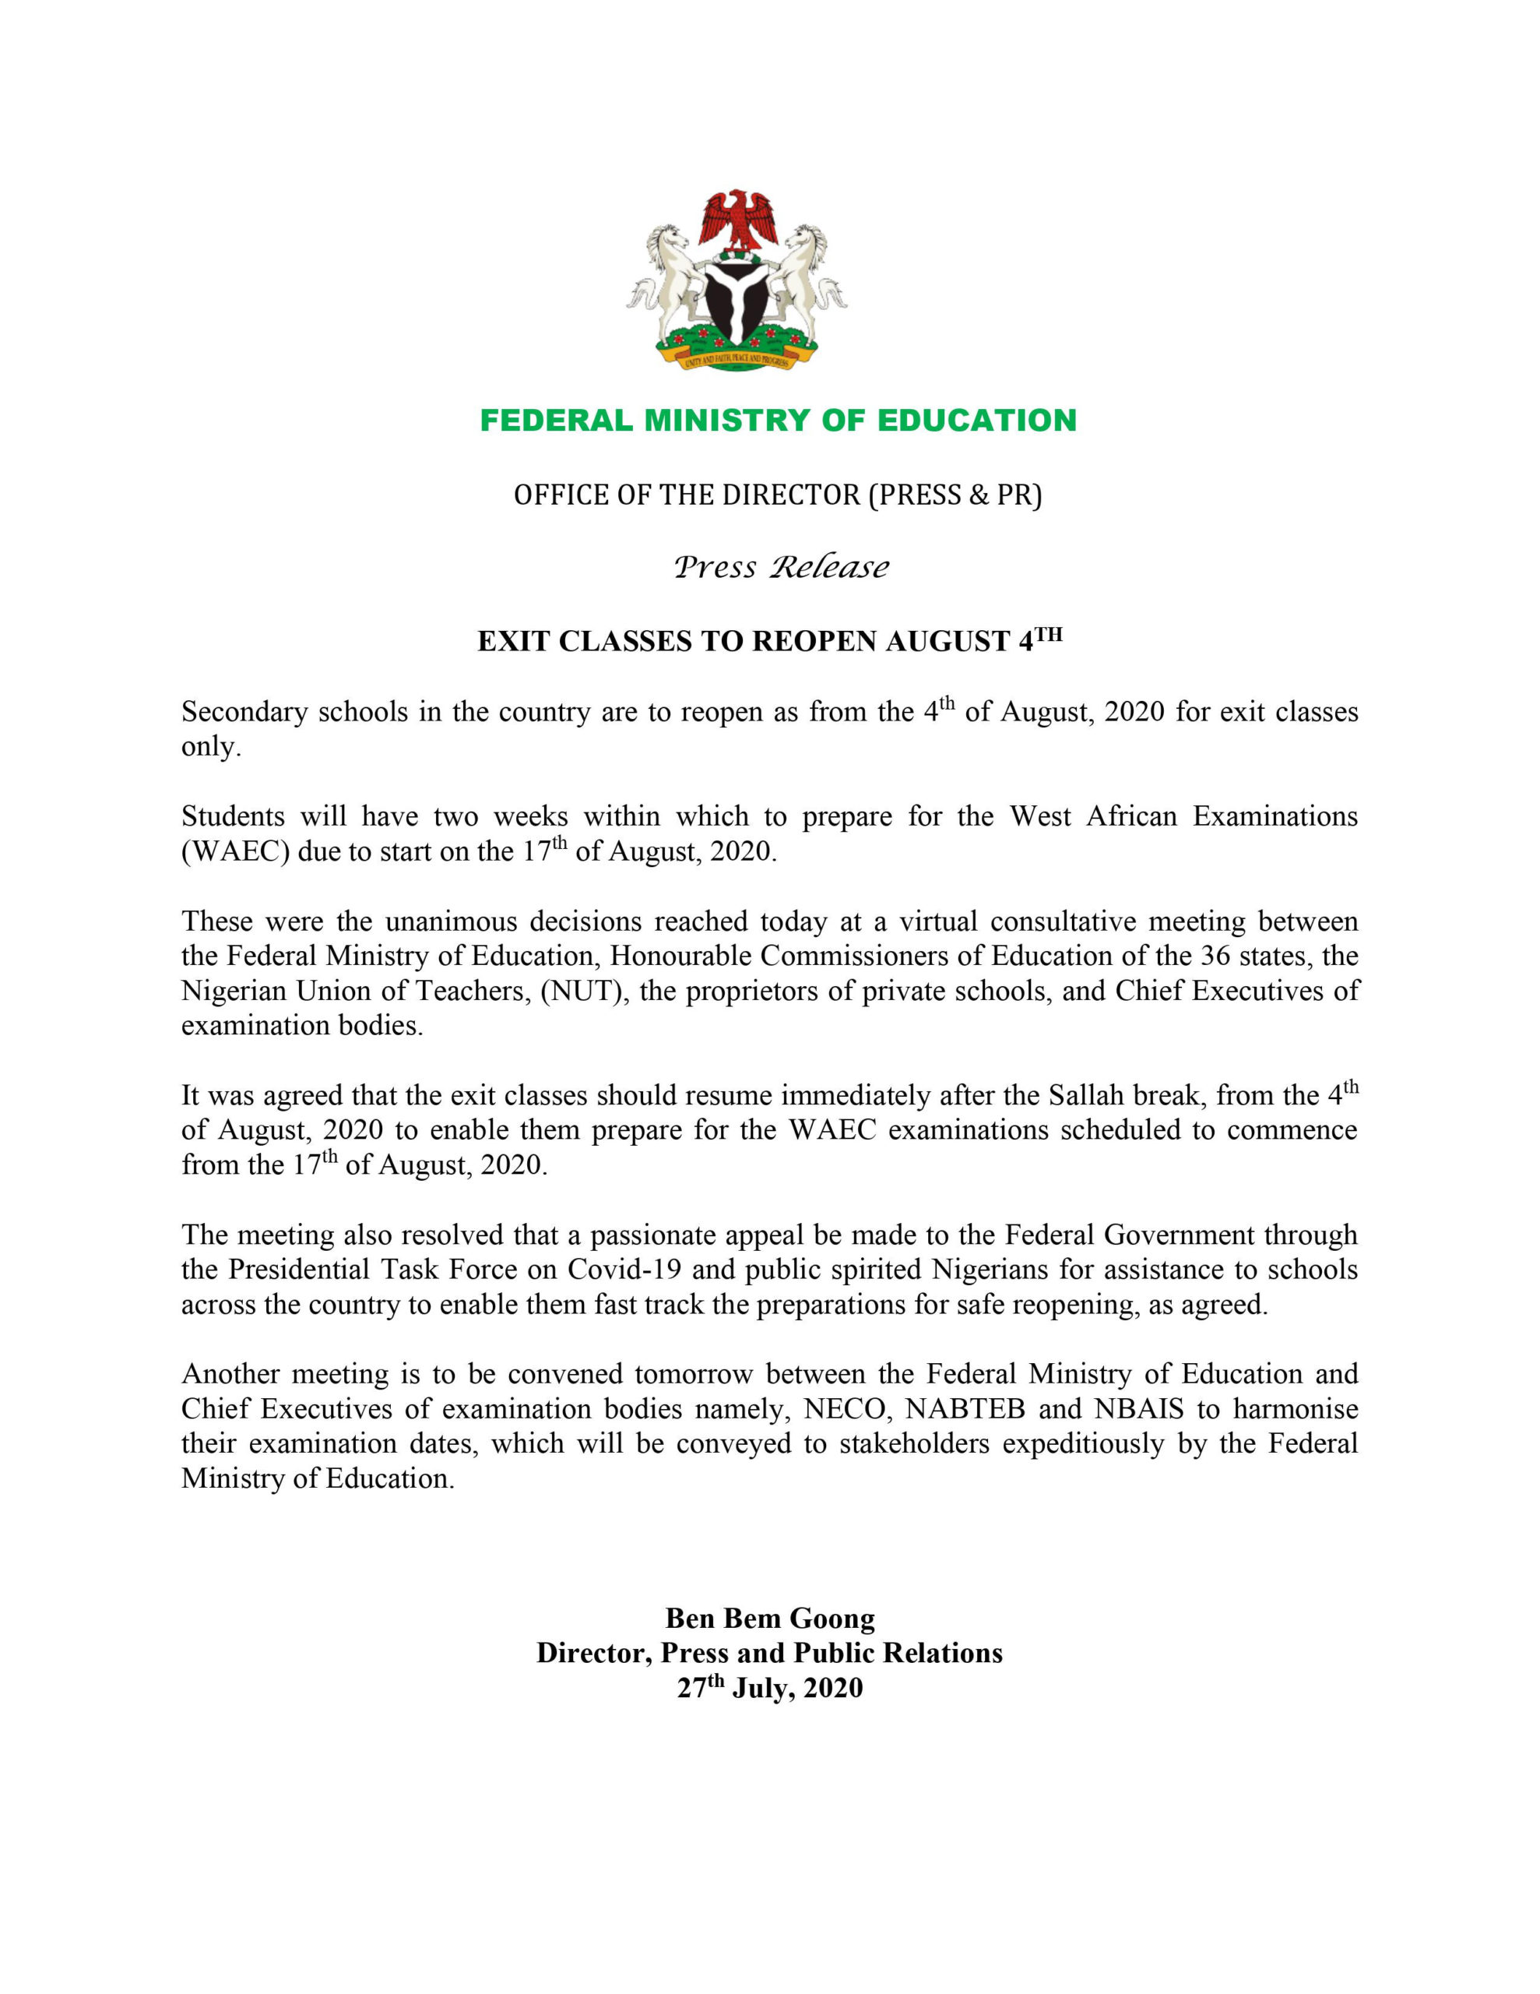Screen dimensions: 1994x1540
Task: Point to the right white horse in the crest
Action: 806,274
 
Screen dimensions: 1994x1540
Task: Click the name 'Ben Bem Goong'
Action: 769,1619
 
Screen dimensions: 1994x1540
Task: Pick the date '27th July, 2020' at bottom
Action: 769,1688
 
